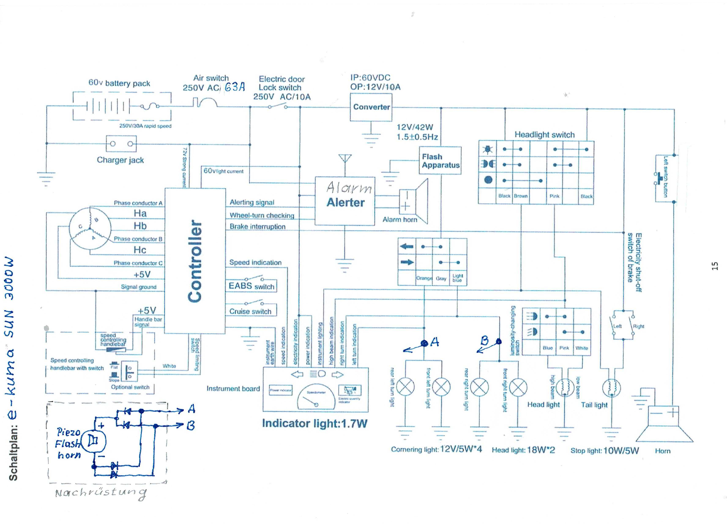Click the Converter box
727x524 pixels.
click(x=371, y=107)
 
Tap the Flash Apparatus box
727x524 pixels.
click(x=440, y=161)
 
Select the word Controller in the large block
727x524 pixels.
click(x=195, y=261)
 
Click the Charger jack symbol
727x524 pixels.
click(x=121, y=144)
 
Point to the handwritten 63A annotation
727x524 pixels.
click(x=235, y=87)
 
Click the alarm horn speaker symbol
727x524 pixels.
click(x=414, y=201)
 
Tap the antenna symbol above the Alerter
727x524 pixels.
click(x=345, y=160)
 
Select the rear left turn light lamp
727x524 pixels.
click(x=405, y=387)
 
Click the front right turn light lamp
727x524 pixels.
click(x=518, y=387)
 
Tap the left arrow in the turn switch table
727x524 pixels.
click(x=407, y=246)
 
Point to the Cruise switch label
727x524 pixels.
click(x=250, y=311)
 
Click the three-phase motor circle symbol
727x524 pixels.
click(x=90, y=228)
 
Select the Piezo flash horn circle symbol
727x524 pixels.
click(x=93, y=441)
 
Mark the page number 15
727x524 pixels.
click(x=715, y=266)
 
